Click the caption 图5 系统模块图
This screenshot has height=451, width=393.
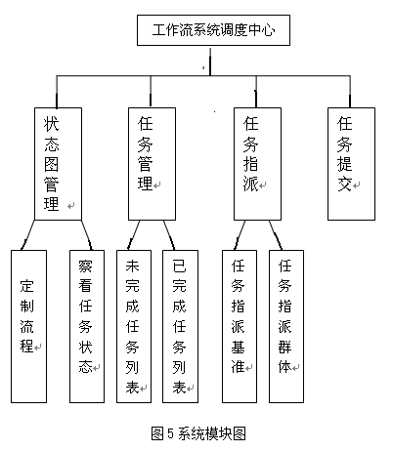point(198,433)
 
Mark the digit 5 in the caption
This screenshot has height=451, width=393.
point(171,433)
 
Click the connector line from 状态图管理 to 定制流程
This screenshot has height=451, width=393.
point(27,235)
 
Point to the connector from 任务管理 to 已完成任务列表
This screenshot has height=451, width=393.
point(169,235)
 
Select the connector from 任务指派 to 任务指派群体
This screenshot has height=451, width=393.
point(276,235)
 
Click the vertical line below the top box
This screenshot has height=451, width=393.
point(210,61)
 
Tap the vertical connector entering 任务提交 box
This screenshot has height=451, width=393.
point(350,92)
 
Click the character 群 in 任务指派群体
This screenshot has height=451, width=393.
point(284,347)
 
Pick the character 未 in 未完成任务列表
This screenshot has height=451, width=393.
point(132,266)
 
